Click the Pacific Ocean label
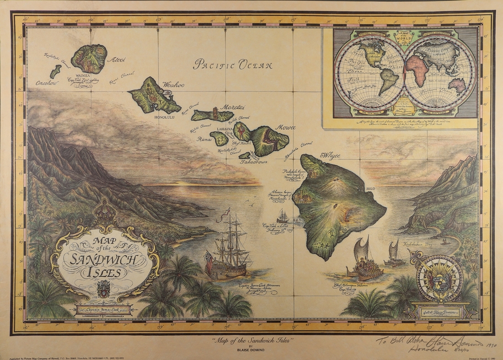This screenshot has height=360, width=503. [233, 64]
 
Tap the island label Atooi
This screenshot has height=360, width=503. [116, 59]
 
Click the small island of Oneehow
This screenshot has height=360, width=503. [55, 71]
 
